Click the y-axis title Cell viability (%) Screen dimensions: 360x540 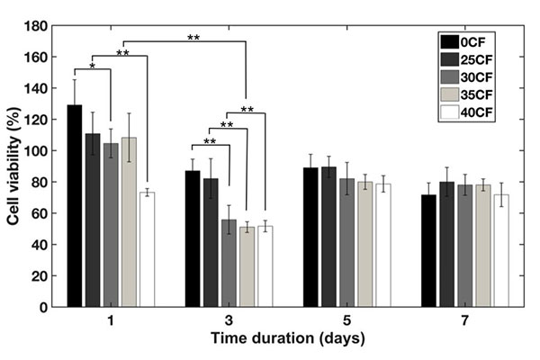(15, 166)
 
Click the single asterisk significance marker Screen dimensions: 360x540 (93, 66)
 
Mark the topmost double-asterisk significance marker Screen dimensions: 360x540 (193, 38)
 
